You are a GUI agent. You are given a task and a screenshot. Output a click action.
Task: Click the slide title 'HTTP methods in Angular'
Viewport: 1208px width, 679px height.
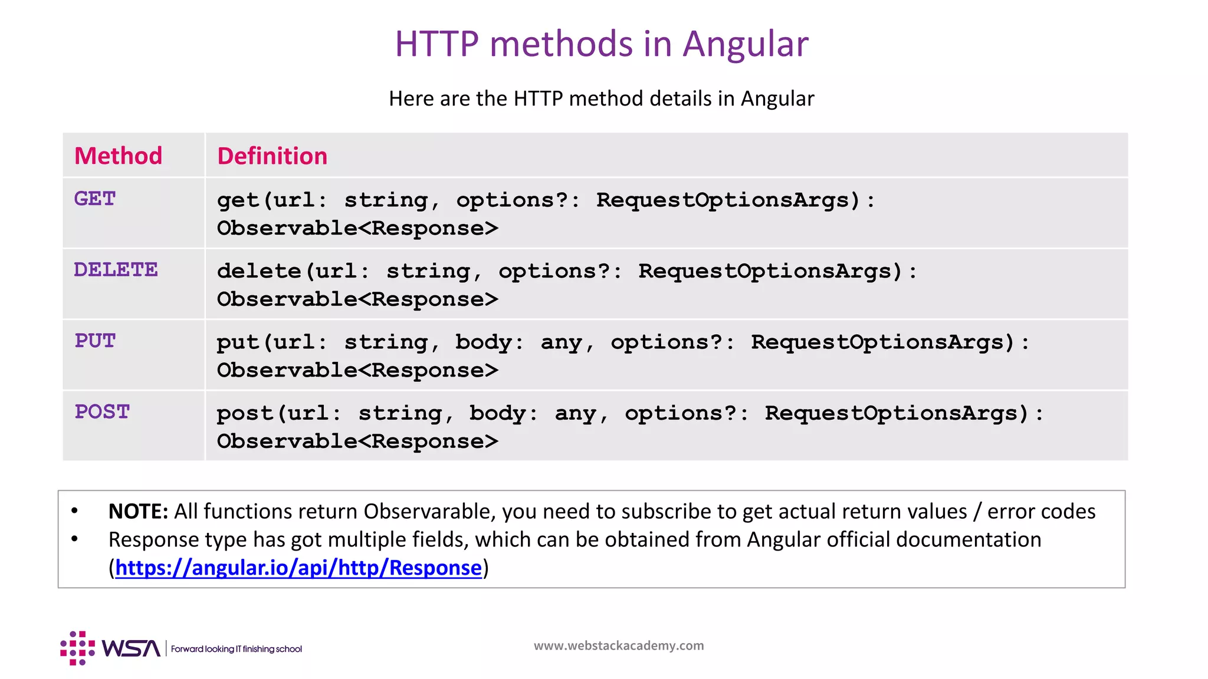tap(601, 44)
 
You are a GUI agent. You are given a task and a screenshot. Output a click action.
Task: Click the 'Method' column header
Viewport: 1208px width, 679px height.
tap(118, 156)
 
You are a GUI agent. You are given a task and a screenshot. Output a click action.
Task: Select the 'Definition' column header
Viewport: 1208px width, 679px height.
tap(272, 156)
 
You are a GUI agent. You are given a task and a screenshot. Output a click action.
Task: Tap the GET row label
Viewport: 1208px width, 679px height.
tap(95, 199)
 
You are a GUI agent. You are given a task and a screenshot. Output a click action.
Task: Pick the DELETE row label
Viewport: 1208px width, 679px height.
tap(116, 270)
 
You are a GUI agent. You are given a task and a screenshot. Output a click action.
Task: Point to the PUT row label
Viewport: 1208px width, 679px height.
tap(95, 341)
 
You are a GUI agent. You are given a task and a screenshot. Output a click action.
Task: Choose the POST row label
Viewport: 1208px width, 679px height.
tap(102, 412)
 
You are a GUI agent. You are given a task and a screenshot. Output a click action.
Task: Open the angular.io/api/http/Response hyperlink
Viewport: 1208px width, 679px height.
tap(298, 568)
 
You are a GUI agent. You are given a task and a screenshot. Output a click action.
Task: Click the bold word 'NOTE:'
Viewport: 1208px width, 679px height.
tap(139, 512)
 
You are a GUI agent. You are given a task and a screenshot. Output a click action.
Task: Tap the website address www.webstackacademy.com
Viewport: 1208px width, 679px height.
tap(619, 646)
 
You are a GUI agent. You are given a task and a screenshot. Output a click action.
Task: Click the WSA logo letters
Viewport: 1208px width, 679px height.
tap(131, 648)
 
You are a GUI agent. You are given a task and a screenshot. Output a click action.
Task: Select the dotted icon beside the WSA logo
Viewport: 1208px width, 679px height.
tap(77, 648)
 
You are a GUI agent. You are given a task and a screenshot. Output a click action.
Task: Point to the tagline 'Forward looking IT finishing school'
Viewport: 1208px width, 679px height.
tap(236, 649)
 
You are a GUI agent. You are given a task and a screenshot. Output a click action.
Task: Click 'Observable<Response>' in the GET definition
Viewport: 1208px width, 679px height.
tap(357, 229)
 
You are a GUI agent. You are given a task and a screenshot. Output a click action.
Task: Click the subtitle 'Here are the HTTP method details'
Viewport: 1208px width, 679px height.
tap(601, 98)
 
